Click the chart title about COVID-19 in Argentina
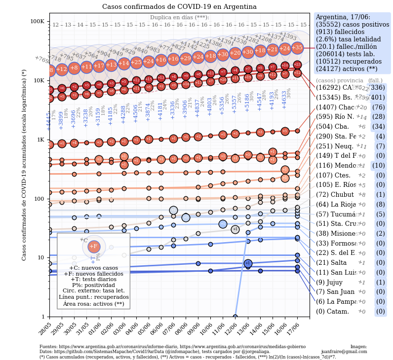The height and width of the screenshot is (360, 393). tap(179, 7)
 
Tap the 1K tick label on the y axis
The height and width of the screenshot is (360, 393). tap(40, 140)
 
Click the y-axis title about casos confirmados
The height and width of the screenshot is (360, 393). tap(24, 165)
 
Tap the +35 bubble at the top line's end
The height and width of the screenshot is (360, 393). tap(297, 48)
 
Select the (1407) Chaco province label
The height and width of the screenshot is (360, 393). tap(335, 107)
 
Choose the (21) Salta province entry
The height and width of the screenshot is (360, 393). tap(331, 262)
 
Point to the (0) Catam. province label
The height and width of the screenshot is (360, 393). tap(332, 311)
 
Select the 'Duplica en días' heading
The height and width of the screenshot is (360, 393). tap(179, 17)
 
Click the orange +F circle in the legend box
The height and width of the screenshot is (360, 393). tap(94, 247)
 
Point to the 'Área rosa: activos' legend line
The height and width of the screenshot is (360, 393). tap(93, 304)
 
